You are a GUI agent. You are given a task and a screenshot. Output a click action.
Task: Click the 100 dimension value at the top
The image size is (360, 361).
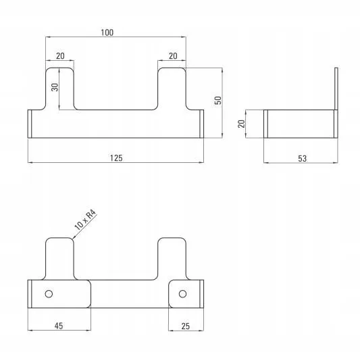coord(107,32)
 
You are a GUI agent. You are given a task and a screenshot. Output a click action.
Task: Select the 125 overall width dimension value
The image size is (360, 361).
coord(116,158)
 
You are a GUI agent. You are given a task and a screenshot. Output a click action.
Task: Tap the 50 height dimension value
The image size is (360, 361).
coord(217,100)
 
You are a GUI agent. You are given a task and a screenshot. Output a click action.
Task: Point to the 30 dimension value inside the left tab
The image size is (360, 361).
coord(55,87)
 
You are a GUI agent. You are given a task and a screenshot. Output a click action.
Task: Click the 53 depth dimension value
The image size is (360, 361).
coord(303,158)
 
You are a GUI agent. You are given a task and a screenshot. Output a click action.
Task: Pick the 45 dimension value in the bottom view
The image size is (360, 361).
coord(59,326)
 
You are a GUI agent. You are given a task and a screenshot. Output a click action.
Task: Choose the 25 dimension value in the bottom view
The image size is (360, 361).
coord(186,326)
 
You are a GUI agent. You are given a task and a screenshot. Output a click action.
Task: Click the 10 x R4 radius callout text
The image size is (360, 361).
coord(85,220)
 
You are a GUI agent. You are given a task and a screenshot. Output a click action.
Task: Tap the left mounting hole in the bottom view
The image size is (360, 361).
coord(49,294)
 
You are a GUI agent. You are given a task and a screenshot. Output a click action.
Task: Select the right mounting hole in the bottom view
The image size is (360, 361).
coord(182,294)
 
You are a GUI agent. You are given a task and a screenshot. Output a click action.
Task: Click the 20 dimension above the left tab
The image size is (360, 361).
coord(60,55)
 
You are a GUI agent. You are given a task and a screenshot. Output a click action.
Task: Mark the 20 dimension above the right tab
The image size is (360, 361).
coord(173,55)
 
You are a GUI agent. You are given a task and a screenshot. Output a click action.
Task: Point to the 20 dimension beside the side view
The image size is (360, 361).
coord(241,124)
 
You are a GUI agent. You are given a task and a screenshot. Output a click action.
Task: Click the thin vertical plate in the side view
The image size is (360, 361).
coord(336,103)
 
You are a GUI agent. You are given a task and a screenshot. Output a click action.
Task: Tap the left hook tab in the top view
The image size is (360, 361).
coord(60,89)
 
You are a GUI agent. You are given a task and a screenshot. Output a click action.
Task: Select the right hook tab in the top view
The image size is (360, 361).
coord(172,89)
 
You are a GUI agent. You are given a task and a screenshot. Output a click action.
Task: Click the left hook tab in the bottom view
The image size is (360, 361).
coord(60,258)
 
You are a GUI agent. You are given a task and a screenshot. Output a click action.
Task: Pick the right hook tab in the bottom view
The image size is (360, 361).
coord(172,258)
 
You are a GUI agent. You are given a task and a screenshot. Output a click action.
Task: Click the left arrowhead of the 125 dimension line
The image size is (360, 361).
coord(30,162)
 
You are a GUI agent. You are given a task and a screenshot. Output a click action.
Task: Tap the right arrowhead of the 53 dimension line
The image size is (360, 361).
coord(336,162)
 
